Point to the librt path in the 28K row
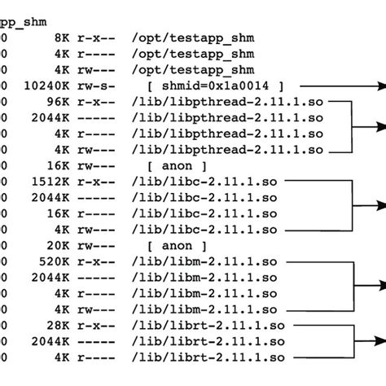[205, 325]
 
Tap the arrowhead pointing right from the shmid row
[379, 86]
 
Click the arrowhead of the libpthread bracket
[379, 125]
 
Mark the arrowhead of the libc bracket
[379, 205]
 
